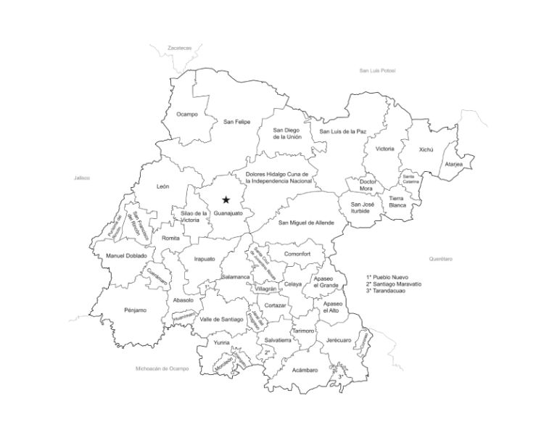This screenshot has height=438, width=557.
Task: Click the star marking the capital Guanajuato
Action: point(226,199)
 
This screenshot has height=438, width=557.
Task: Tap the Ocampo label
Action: point(187,114)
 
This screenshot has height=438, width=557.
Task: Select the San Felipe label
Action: point(236,121)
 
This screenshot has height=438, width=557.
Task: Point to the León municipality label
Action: point(163,186)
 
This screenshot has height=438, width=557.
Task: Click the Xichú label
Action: point(426,149)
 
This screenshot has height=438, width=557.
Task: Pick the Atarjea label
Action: point(454,164)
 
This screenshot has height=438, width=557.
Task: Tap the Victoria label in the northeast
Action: point(385,149)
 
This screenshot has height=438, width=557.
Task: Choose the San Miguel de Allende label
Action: point(306,223)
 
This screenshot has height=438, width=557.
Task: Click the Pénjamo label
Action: point(135,310)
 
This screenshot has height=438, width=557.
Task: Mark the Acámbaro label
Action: point(305,370)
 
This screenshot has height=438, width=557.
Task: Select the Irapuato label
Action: point(205,258)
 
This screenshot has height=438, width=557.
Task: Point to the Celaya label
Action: point(293,284)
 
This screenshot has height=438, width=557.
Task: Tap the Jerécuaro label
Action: point(339,339)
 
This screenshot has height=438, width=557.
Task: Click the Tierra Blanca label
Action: point(397,201)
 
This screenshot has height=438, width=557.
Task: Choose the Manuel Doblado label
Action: point(126,255)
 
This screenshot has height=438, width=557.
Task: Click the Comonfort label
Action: point(297,254)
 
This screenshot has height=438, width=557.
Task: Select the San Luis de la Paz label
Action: point(343,131)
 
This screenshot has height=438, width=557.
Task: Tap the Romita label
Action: point(171,238)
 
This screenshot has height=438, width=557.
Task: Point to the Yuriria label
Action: point(221,342)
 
